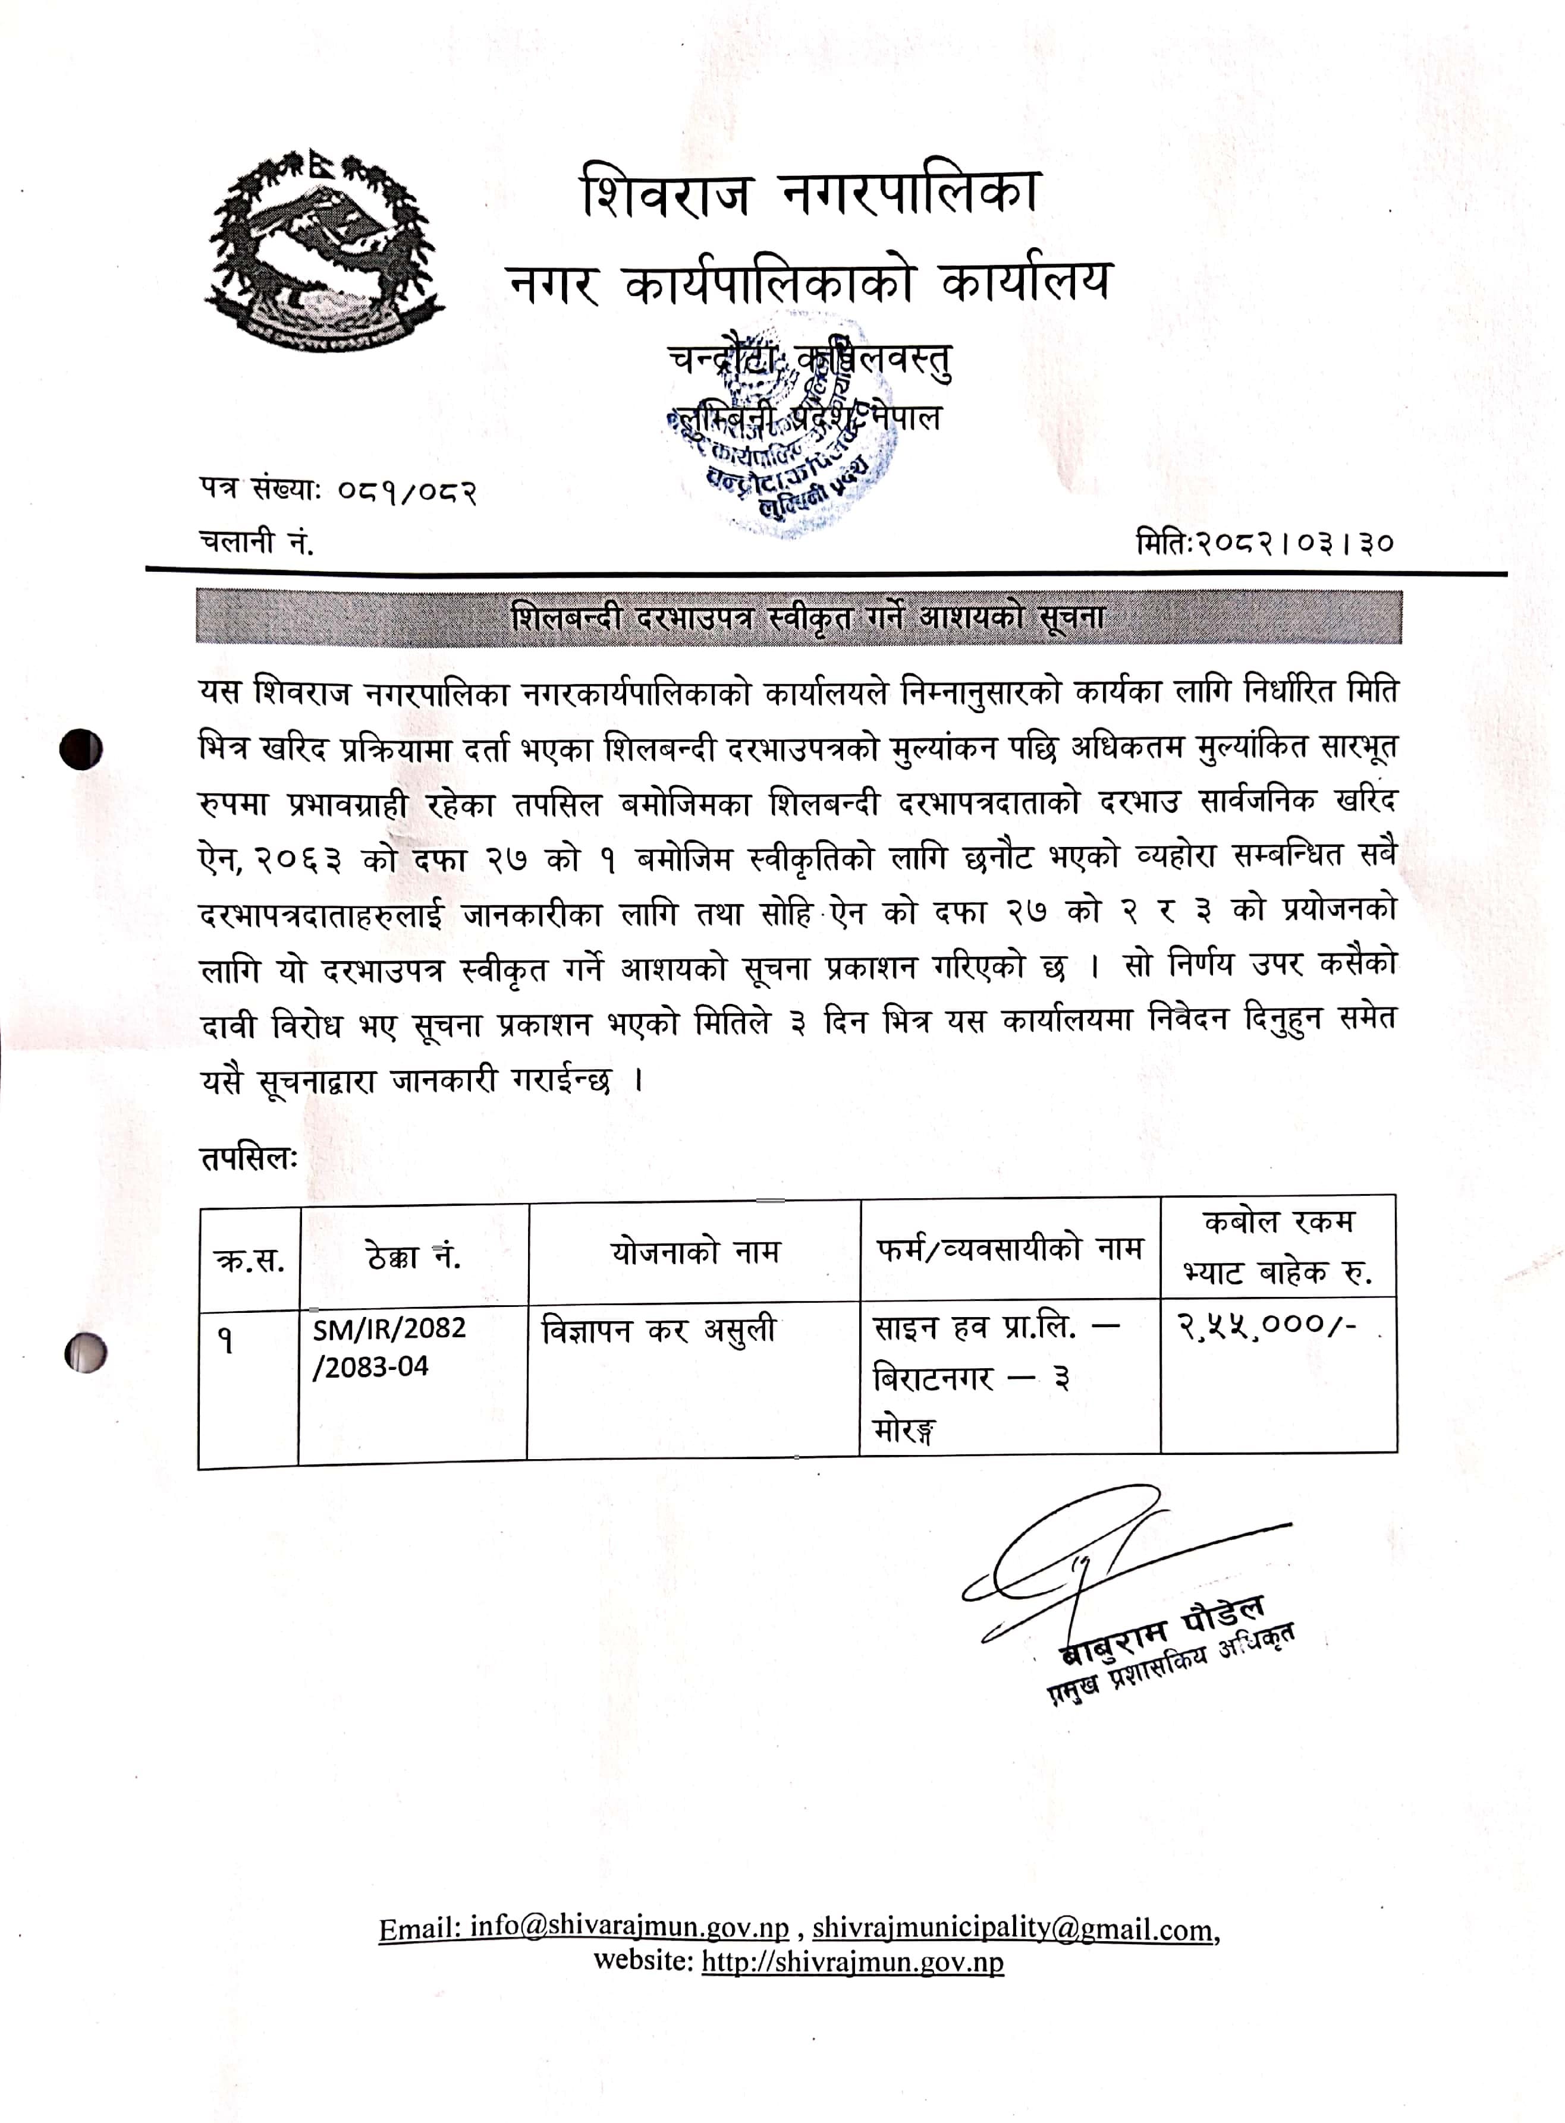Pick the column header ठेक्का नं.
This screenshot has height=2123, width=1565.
(x=413, y=1256)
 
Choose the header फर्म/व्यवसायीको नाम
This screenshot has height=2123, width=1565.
(x=1009, y=1249)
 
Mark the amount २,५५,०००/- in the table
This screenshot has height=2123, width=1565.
(x=1267, y=1326)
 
